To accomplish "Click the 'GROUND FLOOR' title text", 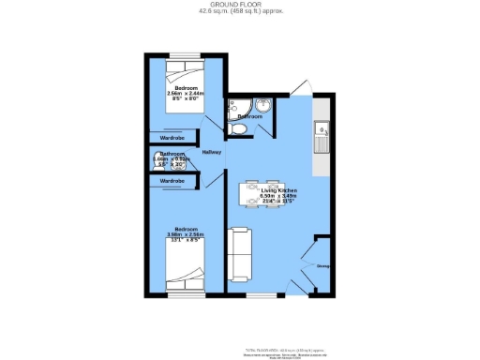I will tap(241, 5).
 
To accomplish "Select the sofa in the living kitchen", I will tap(240, 254).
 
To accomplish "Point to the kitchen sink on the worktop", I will tap(322, 141).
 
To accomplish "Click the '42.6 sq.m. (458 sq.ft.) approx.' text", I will tap(241, 11).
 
